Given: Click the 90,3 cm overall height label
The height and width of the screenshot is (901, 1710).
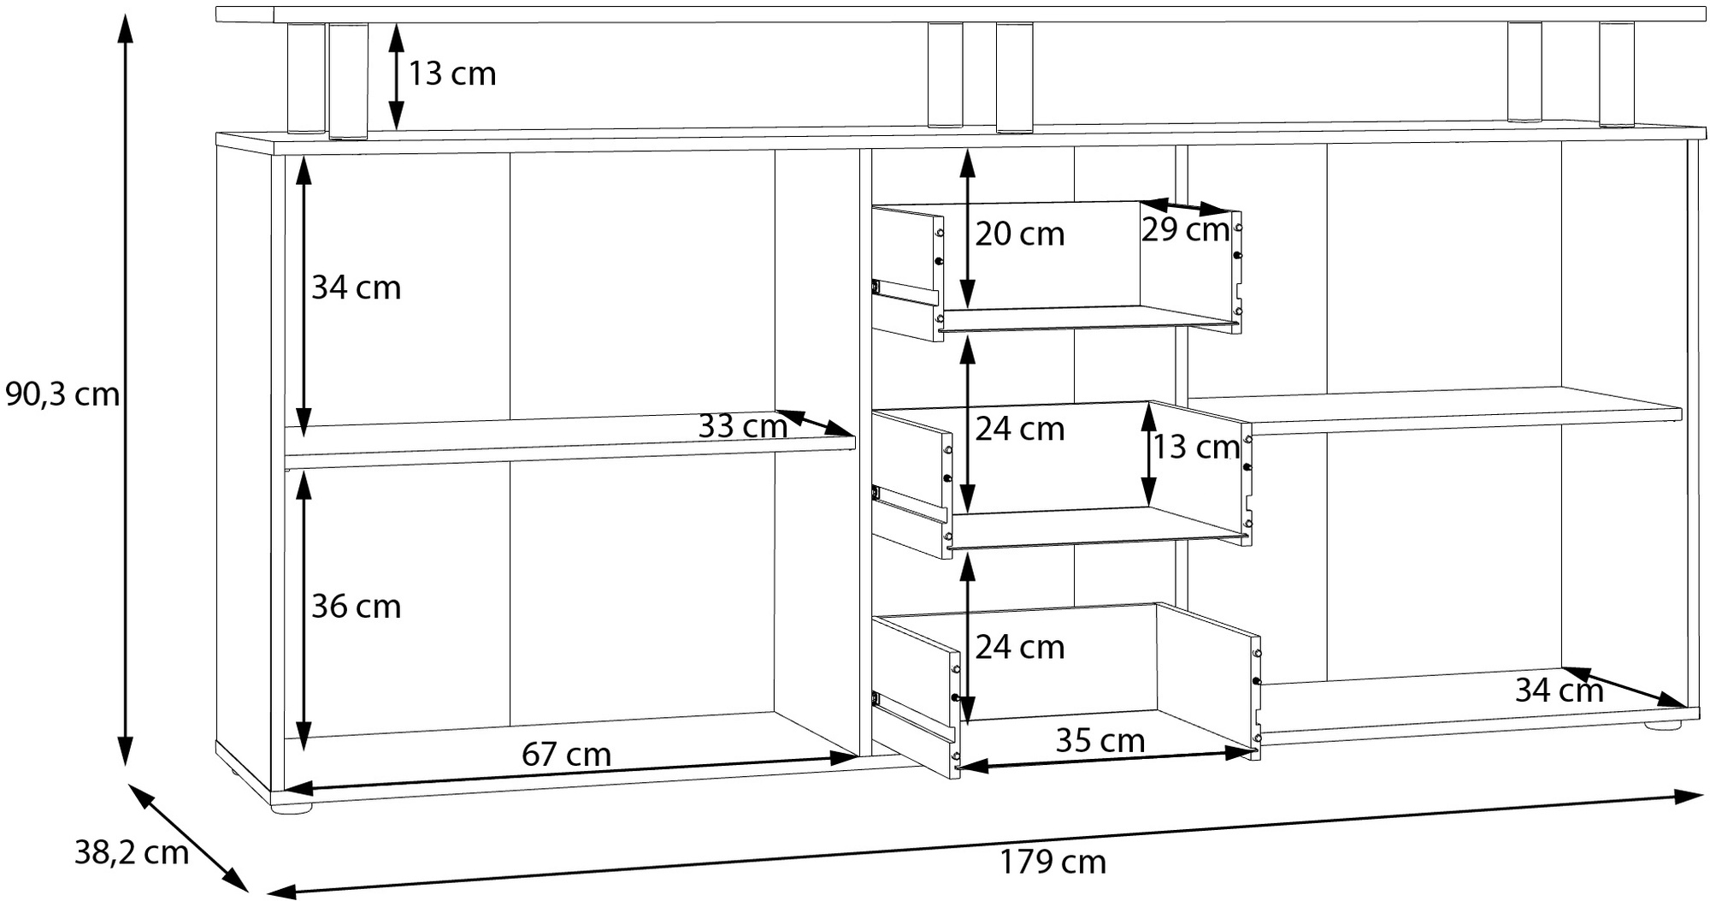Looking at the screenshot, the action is click(x=62, y=395).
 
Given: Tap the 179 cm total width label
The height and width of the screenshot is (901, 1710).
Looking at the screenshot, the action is click(x=1053, y=862).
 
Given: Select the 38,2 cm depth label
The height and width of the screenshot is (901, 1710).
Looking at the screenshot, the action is click(x=132, y=853).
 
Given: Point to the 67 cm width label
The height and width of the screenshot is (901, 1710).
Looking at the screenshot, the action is click(x=566, y=755).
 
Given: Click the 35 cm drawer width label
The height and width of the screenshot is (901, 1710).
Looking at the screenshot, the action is click(x=1100, y=741).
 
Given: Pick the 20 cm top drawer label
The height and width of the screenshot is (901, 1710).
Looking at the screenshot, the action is click(x=1019, y=234).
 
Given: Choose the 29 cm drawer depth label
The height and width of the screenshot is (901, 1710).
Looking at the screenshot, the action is click(x=1185, y=229).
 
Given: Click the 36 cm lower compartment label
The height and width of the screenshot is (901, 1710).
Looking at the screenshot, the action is click(x=356, y=607).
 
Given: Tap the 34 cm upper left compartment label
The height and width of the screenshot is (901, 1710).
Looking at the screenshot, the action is click(x=356, y=287).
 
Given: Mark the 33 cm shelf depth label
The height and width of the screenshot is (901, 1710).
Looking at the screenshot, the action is click(x=742, y=426).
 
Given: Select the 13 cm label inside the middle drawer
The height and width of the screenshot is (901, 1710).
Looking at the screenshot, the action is click(x=1195, y=447).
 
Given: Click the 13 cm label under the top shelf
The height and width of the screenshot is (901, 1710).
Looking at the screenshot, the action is click(x=451, y=74).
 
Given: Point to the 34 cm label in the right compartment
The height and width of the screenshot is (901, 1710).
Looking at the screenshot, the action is click(x=1560, y=691).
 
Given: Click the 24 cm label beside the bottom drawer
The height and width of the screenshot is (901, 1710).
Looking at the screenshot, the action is click(x=1019, y=648).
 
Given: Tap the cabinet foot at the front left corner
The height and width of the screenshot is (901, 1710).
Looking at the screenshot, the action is click(x=292, y=806).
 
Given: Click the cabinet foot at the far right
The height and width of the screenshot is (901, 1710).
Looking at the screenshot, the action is click(x=1660, y=726).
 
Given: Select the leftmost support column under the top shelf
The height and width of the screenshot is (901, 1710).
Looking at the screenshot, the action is click(x=306, y=78).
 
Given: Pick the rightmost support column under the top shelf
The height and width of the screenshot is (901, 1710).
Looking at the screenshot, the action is click(x=1616, y=74).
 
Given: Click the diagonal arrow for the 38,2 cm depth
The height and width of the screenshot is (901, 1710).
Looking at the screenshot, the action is click(x=188, y=839).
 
